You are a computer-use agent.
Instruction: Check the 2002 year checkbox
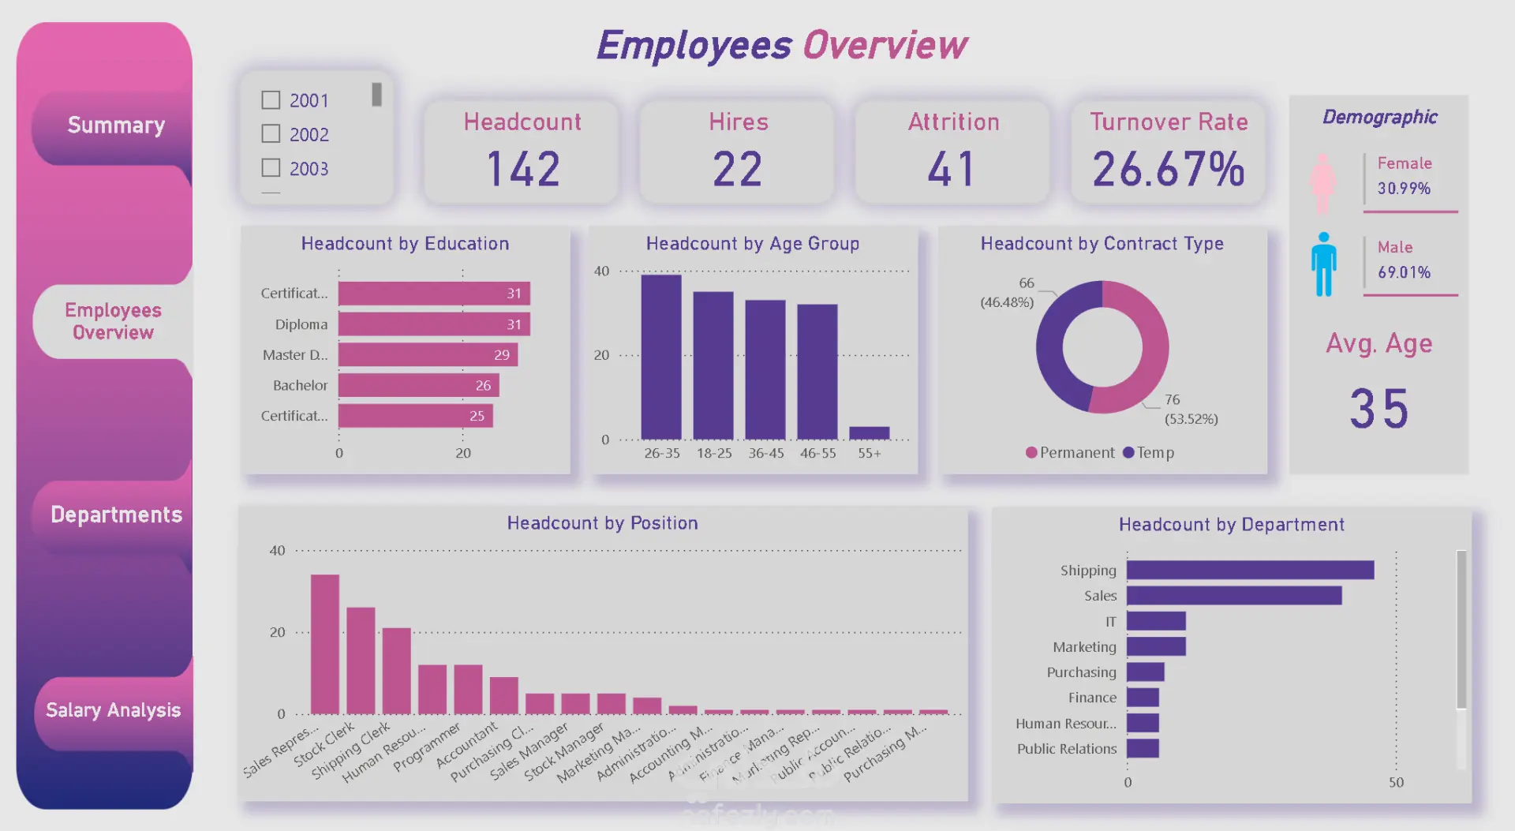tap(271, 134)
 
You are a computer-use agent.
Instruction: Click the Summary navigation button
tap(115, 125)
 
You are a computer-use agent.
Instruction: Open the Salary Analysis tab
tap(113, 710)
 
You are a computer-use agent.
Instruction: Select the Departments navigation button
tap(116, 515)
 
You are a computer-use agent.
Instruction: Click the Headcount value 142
tap(523, 170)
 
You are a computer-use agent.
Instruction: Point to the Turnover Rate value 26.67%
tap(1168, 170)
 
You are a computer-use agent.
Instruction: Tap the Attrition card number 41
tap(952, 170)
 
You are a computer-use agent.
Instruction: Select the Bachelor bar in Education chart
tap(418, 385)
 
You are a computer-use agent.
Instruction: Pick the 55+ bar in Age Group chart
tap(869, 432)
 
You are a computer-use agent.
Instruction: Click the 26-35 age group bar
tap(661, 357)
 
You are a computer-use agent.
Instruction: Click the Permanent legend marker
tap(1031, 453)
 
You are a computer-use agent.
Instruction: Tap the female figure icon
tap(1322, 183)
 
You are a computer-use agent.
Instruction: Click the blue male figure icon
tap(1324, 265)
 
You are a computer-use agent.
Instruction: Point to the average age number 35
tap(1378, 409)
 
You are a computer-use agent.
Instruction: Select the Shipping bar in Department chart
tap(1250, 570)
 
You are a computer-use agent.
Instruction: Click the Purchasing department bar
tap(1145, 672)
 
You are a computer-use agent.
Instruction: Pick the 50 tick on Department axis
tap(1396, 783)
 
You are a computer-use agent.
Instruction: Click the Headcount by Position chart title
tap(602, 523)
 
